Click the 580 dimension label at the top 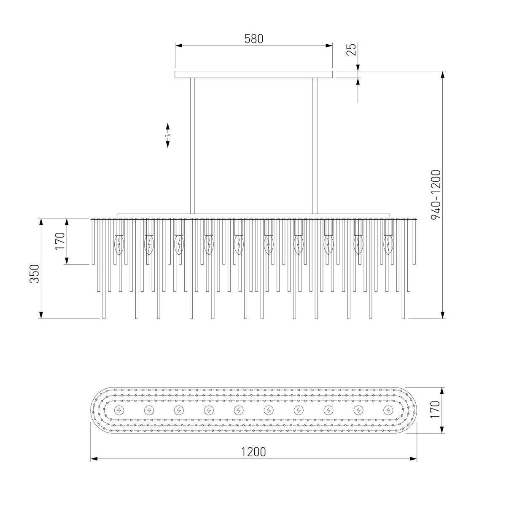coord(253,39)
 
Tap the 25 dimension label coord(351,49)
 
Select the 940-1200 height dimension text coord(436,194)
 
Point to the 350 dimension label coord(34,274)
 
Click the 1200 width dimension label coord(253,452)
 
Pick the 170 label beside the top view coord(435,409)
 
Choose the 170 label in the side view coord(60,241)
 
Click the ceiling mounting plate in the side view coord(254,74)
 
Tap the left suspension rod coord(192,146)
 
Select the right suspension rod coord(315,146)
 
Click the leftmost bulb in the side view coord(119,245)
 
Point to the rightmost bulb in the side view coord(388,245)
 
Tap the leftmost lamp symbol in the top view coord(119,410)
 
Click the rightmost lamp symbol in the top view coord(388,410)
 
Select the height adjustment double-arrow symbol coord(167,135)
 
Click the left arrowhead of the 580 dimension coord(178,46)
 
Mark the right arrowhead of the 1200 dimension coord(413,466)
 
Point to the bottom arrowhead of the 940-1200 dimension coord(442,315)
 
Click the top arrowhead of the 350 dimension coord(41,222)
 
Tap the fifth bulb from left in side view coord(239,245)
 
